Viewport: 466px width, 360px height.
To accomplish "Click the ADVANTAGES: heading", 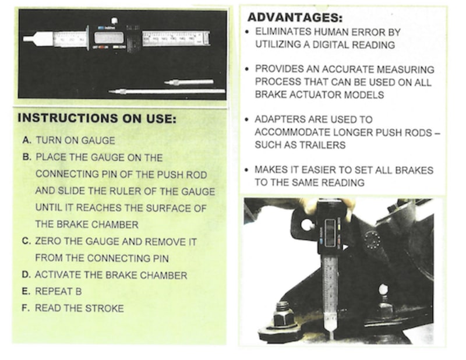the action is (x=295, y=17).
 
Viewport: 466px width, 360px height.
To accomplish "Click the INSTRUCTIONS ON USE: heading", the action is (x=97, y=118).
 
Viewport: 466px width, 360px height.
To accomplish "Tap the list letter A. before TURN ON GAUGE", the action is (x=27, y=140).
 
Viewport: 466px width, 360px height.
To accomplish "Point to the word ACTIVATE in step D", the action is (x=58, y=275).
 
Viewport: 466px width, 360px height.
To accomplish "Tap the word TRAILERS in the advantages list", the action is (x=322, y=145).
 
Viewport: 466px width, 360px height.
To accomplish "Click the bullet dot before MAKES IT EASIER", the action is (x=246, y=170).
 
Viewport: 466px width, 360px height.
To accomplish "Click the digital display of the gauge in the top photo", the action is (x=109, y=37).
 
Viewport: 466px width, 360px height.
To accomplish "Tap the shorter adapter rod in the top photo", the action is (x=189, y=82).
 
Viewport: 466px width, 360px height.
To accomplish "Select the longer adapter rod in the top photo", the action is (x=167, y=91).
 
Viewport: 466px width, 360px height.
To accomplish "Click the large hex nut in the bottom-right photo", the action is (x=283, y=313).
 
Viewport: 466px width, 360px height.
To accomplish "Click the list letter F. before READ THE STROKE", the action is (x=26, y=308).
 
